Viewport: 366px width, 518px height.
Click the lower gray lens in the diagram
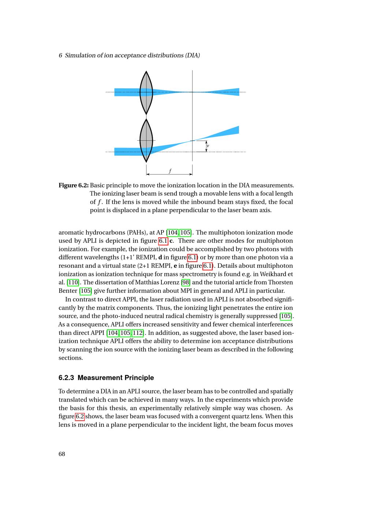pyautogui.click(x=146, y=141)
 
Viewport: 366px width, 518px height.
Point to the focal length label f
pyautogui.click(x=170, y=171)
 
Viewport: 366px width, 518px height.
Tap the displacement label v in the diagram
pyautogui.click(x=208, y=146)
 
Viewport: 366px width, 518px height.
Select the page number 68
pyautogui.click(x=62, y=454)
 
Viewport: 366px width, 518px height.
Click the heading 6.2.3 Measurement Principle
pyautogui.click(x=106, y=378)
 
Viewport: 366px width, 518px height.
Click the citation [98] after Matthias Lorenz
pyautogui.click(x=186, y=282)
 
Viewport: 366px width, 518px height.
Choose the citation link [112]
pyautogui.click(x=138, y=333)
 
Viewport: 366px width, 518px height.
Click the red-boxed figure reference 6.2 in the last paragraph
pyautogui.click(x=80, y=417)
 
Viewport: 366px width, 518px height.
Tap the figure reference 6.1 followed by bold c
pyautogui.click(x=163, y=241)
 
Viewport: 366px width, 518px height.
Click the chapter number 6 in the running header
pyautogui.click(x=60, y=55)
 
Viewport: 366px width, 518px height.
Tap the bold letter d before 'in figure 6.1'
pyautogui.click(x=160, y=258)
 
